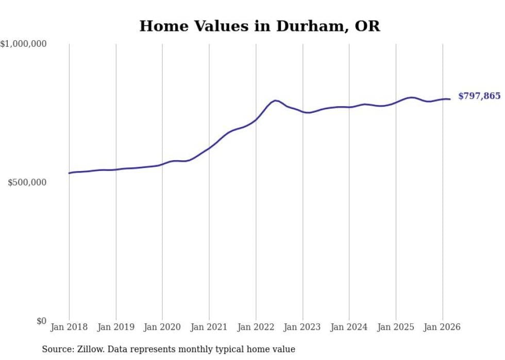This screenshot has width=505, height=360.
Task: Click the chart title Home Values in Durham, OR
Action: (x=260, y=26)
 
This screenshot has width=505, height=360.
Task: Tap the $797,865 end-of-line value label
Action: (x=479, y=96)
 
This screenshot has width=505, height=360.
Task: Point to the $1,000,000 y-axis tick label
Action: (x=23, y=44)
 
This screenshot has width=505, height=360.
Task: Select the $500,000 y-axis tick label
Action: (x=27, y=183)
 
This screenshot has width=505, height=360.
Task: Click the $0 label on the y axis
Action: (x=41, y=321)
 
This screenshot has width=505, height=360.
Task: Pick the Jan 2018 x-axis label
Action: (x=69, y=327)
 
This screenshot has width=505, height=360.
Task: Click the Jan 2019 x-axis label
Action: (x=116, y=327)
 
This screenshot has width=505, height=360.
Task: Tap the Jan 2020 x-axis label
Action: (x=162, y=327)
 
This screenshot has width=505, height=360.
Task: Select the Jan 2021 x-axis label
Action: (x=209, y=327)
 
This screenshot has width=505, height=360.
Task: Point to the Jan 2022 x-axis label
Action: (x=256, y=327)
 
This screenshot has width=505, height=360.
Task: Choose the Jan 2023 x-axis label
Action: (x=302, y=327)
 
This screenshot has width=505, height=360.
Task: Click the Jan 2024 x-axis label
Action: (x=349, y=327)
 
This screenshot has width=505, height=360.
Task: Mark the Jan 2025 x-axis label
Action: (x=396, y=327)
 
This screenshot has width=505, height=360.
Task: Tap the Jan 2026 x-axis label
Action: (x=442, y=327)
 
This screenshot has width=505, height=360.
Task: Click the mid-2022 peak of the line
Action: (x=275, y=100)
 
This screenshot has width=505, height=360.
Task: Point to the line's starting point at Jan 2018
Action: (x=69, y=173)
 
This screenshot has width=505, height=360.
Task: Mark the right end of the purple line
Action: (x=450, y=99)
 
